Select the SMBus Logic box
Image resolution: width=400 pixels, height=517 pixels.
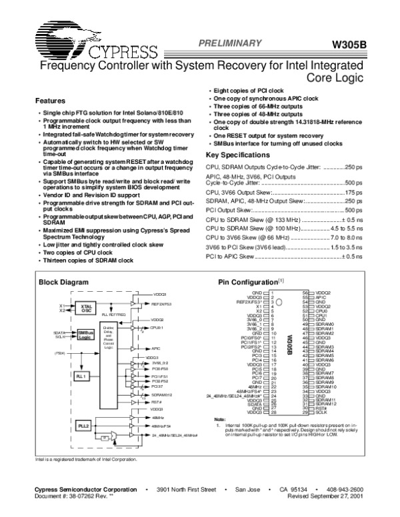[84, 334]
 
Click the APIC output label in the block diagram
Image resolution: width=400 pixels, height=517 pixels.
[155, 348]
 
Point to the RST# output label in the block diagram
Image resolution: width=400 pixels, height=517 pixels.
[157, 401]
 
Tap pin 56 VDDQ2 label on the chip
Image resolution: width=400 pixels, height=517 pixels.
[323, 292]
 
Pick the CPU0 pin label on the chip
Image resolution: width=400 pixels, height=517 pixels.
[321, 310]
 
